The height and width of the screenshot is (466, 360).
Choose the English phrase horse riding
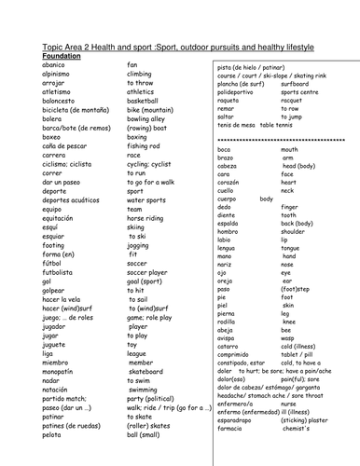click(x=147, y=208)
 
